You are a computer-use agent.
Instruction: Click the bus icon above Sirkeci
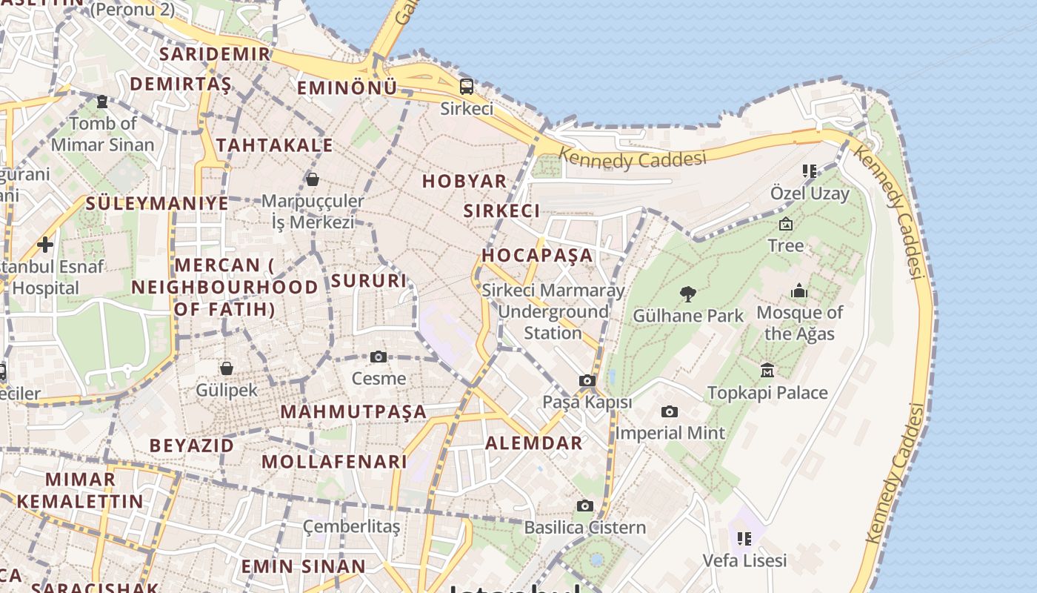(467, 86)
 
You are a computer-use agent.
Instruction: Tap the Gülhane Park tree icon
(688, 294)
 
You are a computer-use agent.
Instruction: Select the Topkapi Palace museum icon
(767, 370)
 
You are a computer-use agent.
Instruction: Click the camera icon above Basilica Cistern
(585, 506)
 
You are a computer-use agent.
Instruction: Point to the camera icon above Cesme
(379, 357)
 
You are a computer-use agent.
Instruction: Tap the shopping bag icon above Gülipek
(227, 368)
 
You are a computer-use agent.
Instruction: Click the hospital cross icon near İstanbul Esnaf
(45, 244)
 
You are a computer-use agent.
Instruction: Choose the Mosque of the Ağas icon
(799, 291)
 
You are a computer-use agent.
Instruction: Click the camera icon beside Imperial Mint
(670, 412)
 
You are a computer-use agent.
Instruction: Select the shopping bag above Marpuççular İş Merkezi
(313, 179)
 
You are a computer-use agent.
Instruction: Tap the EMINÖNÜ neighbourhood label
(347, 88)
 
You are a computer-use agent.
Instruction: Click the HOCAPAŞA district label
(538, 255)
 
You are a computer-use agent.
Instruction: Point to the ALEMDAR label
(533, 443)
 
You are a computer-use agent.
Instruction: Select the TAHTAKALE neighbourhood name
(274, 145)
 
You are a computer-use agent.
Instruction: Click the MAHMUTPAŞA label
(353, 411)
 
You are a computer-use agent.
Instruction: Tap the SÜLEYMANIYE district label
(157, 203)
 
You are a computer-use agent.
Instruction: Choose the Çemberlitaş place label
(351, 526)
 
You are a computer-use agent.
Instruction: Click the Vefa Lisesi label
(744, 560)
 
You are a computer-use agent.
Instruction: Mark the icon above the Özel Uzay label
(810, 171)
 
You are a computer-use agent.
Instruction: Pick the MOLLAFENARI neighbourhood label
(335, 461)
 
